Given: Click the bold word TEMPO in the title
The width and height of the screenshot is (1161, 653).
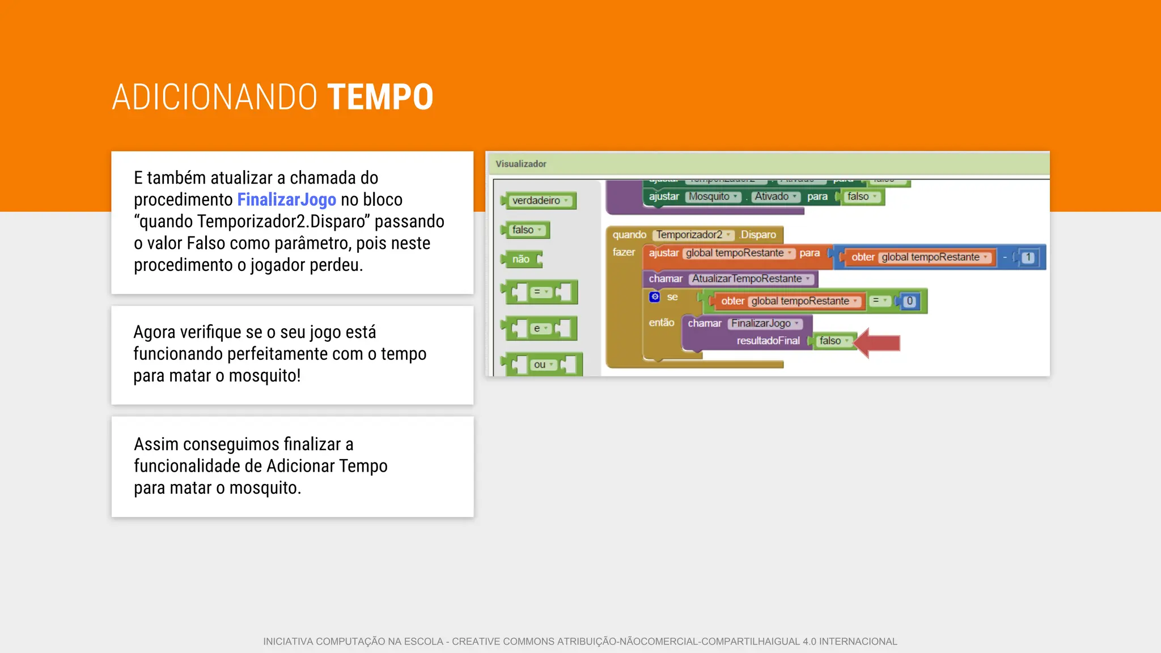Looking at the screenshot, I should point(380,97).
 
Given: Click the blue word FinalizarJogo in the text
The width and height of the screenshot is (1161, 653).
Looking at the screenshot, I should point(286,200).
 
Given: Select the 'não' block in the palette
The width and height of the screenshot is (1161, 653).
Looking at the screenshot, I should point(521,260).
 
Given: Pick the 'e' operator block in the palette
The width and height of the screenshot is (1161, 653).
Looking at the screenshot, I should point(540,328).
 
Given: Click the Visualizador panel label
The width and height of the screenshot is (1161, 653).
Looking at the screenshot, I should point(520,164).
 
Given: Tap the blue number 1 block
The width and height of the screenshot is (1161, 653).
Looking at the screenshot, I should point(1028,257).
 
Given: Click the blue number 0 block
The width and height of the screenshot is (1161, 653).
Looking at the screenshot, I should point(909,301).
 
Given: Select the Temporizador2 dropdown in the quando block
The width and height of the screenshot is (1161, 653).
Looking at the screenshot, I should point(693,235).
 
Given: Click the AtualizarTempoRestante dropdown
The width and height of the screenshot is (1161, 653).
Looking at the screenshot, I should point(751,279).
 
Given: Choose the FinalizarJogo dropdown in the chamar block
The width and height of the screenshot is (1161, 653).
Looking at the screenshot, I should point(764,323).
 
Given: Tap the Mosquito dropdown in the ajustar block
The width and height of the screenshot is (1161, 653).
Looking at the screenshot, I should point(713,197).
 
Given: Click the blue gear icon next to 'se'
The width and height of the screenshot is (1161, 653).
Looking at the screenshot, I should point(655,296).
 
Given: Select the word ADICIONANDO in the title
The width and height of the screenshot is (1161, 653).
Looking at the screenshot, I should point(214,97).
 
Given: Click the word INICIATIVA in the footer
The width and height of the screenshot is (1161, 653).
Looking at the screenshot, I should point(288,641).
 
